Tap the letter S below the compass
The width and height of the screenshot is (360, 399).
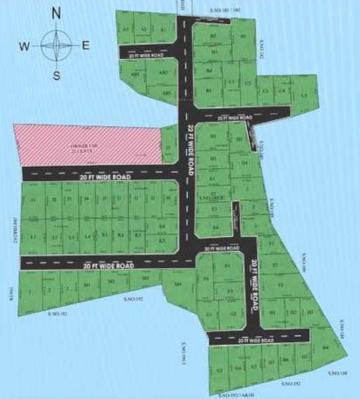(x=56, y=75)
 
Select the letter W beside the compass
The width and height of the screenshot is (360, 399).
(x=25, y=46)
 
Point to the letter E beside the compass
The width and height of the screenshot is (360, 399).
(x=86, y=45)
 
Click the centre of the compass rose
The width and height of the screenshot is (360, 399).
(x=56, y=45)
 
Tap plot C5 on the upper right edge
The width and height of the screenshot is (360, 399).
(x=305, y=96)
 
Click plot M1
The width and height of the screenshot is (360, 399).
(x=87, y=284)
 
